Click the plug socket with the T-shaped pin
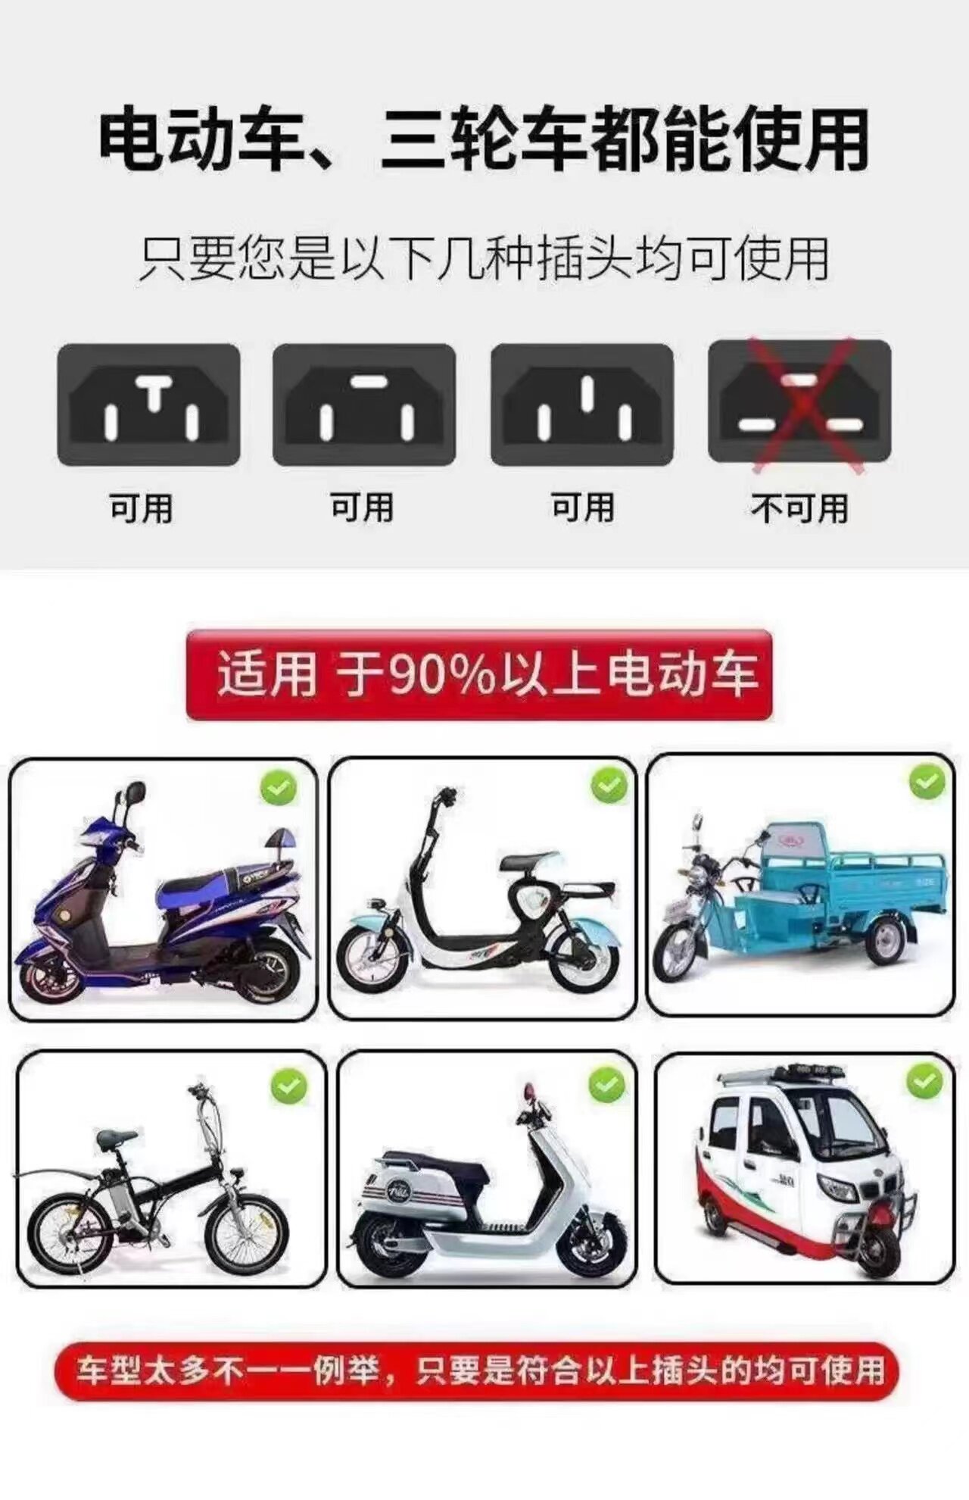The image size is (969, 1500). (149, 405)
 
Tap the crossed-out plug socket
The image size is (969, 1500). (799, 402)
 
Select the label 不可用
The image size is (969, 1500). (799, 508)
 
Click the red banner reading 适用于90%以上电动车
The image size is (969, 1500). (479, 674)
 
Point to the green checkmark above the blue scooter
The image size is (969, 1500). (279, 789)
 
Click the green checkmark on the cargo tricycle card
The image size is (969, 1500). (927, 783)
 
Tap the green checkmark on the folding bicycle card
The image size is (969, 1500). (288, 1088)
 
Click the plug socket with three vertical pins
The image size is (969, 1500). (582, 405)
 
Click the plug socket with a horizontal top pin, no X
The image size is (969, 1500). (364, 405)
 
